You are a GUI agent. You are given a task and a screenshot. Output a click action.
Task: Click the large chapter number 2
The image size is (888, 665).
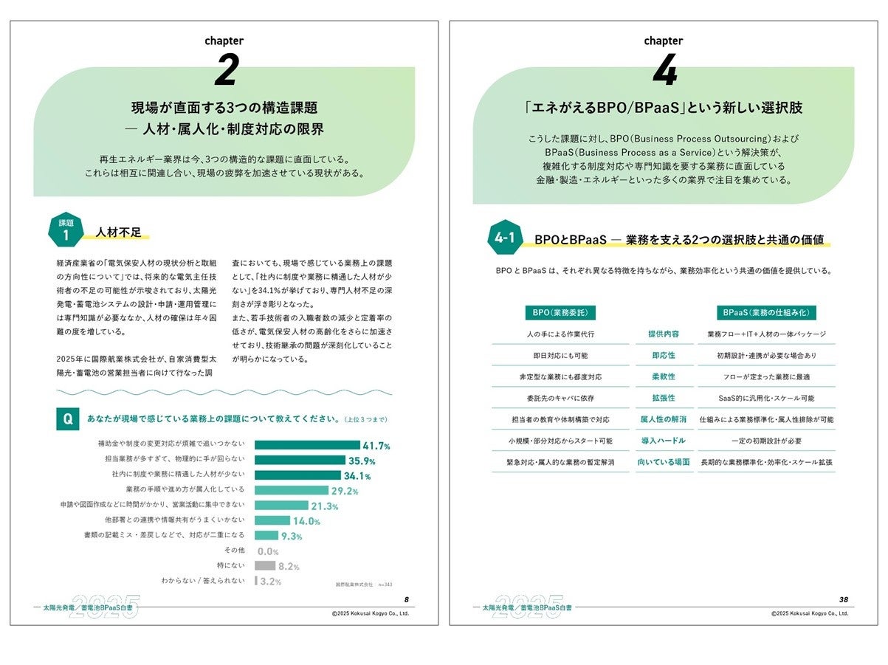pos(227,72)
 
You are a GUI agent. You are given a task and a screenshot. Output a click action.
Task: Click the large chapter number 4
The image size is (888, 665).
pos(664,72)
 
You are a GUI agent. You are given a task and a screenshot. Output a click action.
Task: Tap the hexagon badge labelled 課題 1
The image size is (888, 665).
pos(65,232)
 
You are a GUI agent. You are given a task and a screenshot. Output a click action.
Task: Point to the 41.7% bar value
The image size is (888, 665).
pos(376,446)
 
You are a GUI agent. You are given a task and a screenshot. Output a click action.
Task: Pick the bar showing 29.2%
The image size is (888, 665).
pos(292,491)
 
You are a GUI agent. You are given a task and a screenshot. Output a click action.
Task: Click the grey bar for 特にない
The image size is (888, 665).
pos(265,566)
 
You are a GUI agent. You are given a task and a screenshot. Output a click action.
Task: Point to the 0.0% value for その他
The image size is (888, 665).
pos(267,551)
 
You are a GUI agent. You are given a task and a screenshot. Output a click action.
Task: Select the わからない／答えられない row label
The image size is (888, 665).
pos(203,581)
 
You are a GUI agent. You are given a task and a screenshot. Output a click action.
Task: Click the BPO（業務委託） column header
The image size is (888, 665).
pos(560,313)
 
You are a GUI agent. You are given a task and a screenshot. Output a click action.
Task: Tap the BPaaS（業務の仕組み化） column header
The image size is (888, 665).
pos(766,313)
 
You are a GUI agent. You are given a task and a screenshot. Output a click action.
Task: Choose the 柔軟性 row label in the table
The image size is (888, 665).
pos(662,376)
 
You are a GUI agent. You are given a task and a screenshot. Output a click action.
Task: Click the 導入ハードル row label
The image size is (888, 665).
pos(662,441)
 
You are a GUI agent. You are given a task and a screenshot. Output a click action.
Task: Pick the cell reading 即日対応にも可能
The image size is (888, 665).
pos(560,355)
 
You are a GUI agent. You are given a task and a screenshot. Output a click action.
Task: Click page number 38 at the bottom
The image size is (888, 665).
pos(843,599)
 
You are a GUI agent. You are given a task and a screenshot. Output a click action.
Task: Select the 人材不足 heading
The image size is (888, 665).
pos(117,232)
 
